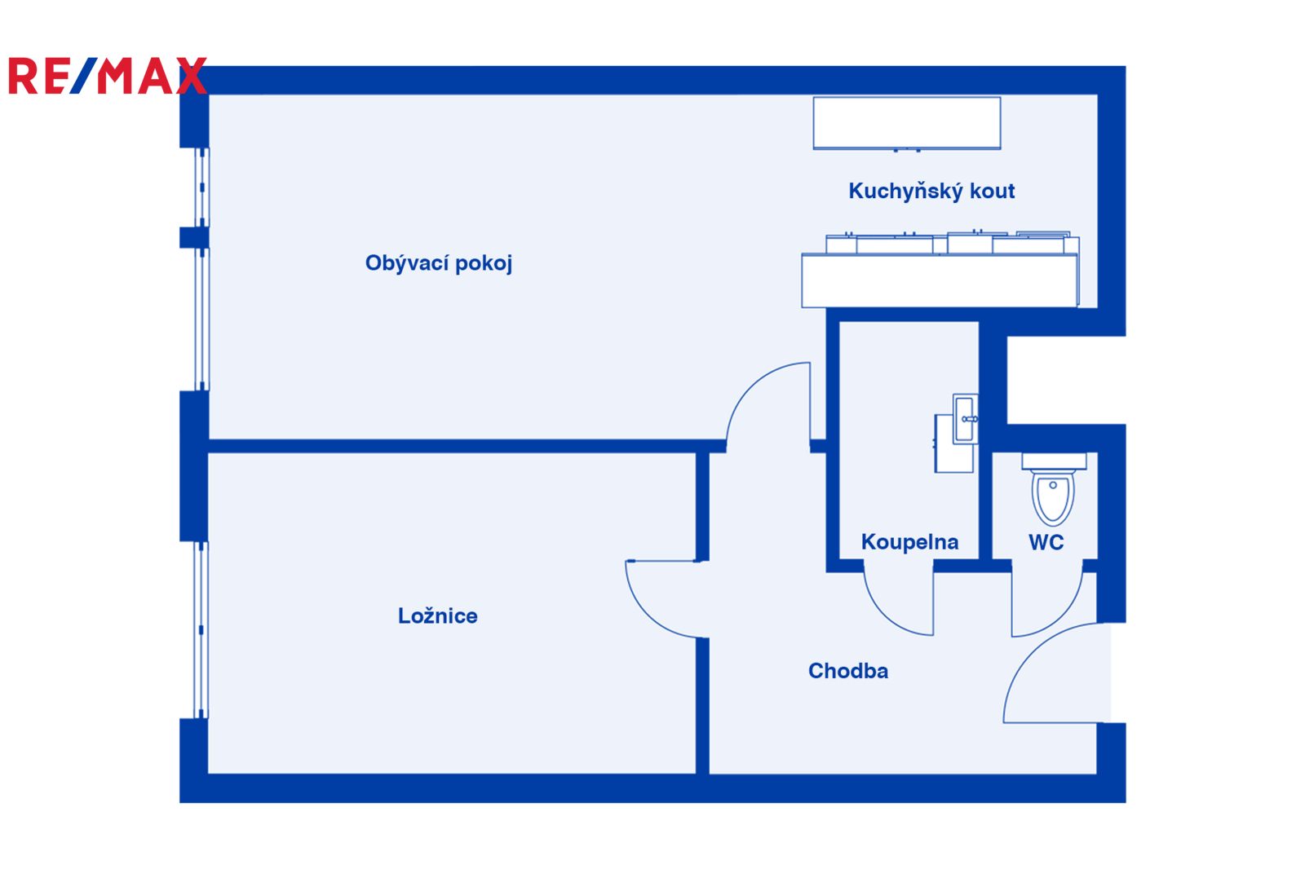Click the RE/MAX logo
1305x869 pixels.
tap(106, 76)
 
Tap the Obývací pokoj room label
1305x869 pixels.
tap(438, 263)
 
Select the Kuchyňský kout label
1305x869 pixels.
tap(931, 191)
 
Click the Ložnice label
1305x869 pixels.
tap(437, 615)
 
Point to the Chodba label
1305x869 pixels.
tap(847, 671)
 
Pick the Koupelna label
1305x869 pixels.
tap(909, 542)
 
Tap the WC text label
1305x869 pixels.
tap(1046, 542)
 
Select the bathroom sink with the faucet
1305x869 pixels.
tap(965, 419)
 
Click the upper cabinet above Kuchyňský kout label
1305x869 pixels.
tap(906, 122)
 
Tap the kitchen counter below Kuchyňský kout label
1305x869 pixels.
tap(939, 280)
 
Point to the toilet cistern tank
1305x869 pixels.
tap(1054, 461)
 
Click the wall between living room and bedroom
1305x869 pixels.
tap(457, 446)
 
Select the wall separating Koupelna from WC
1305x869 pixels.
tap(985, 505)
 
